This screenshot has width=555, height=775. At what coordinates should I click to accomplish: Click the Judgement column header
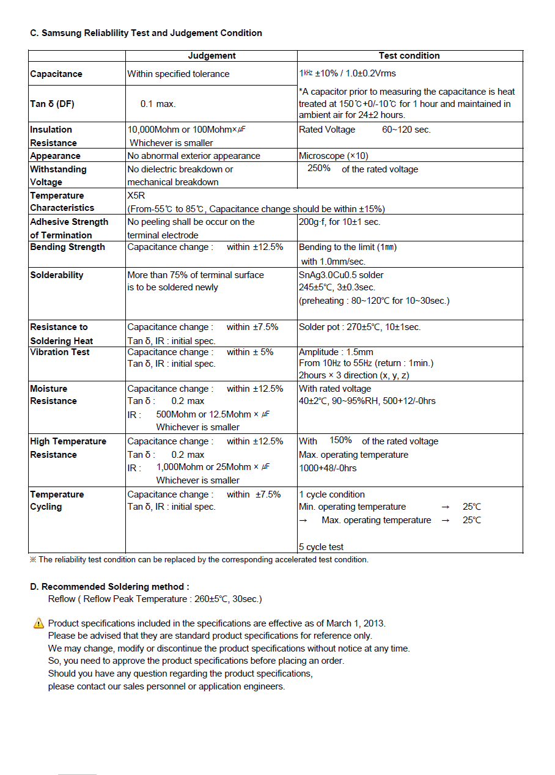[211, 56]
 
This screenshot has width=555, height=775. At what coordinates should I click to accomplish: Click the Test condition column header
[409, 56]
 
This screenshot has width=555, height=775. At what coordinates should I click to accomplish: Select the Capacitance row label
[56, 74]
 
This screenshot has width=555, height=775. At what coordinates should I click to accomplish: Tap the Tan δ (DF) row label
[52, 104]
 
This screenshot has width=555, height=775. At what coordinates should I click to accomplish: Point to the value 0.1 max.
[158, 104]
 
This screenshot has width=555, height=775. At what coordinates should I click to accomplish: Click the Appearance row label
[55, 156]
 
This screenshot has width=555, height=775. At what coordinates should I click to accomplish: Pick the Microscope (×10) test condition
[334, 156]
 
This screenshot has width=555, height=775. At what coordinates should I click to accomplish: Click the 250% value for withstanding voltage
[319, 168]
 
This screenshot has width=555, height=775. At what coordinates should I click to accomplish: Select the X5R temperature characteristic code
[136, 196]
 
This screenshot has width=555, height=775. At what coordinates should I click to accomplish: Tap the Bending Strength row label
[67, 247]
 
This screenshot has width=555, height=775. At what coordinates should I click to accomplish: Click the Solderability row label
[56, 275]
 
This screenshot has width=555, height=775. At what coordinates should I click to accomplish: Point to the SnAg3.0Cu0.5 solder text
[341, 275]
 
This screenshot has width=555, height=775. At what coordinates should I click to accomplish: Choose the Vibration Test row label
[60, 352]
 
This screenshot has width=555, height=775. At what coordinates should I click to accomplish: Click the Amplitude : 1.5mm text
[336, 352]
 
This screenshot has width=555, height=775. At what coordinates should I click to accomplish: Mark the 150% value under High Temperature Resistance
[340, 440]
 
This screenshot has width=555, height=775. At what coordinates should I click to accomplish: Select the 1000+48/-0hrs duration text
[328, 468]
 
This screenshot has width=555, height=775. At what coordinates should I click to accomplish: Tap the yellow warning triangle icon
[39, 623]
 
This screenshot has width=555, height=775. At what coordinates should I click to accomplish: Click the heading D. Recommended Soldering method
[109, 587]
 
